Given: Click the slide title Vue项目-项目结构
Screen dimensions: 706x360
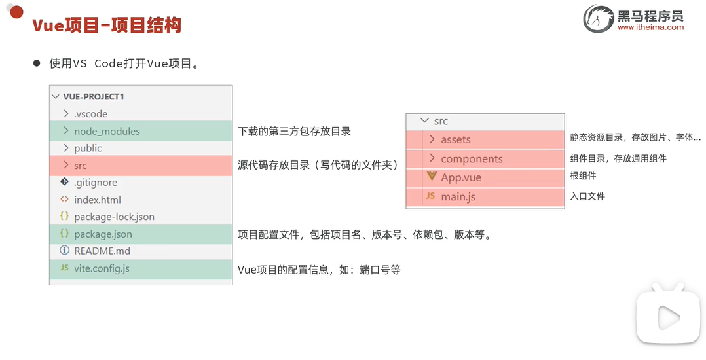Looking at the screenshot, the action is [107, 26].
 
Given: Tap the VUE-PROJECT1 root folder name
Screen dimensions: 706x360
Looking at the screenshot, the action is [94, 96].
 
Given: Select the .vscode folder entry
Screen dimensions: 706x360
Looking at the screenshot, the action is [90, 114].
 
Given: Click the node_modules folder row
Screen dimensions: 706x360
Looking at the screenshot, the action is [107, 131].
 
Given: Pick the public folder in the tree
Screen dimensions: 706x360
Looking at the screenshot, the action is [88, 148].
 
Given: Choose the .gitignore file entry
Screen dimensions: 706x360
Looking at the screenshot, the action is [96, 183].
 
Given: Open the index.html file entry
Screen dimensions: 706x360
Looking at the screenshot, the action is [97, 200].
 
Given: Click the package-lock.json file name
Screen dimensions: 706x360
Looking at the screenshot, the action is [114, 217].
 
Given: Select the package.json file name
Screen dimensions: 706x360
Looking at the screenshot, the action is [103, 234].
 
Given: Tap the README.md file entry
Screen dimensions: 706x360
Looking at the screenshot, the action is [102, 251].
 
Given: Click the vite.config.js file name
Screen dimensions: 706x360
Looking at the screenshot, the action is [102, 268].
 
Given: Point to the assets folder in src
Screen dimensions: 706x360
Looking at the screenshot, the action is [455, 139].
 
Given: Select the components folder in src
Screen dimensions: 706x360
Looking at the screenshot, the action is [472, 159].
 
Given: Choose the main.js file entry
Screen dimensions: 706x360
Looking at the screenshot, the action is [458, 196].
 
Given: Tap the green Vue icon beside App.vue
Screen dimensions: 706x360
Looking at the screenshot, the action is [431, 177].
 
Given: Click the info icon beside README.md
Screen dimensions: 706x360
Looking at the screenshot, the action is [64, 251].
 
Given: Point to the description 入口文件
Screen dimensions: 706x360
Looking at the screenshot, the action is [587, 196].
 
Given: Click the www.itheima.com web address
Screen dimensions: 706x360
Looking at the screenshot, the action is [650, 27].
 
